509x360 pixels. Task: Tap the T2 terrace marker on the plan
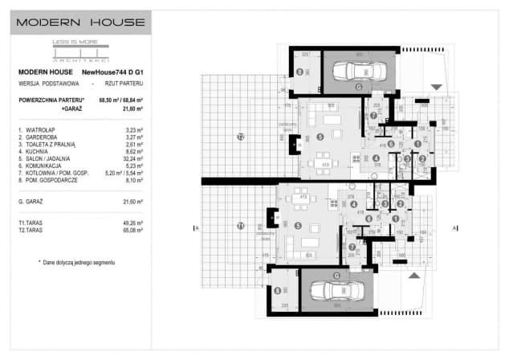[240, 137]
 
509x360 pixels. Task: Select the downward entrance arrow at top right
[436, 87]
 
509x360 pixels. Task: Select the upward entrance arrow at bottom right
[413, 275]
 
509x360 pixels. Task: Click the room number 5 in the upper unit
[320, 137]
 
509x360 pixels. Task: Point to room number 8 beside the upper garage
[299, 72]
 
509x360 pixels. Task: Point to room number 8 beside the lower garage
[278, 292]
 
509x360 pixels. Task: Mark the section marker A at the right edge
[455, 228]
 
